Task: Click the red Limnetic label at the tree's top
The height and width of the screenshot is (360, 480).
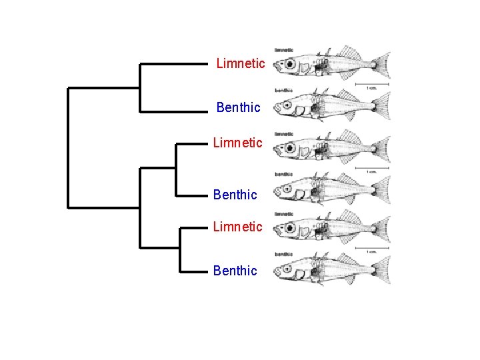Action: tap(241, 64)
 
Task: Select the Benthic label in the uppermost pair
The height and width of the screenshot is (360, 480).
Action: tap(238, 107)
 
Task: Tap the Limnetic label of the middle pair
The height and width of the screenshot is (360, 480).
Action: tap(237, 143)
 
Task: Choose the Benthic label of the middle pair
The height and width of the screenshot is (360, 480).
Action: tap(235, 195)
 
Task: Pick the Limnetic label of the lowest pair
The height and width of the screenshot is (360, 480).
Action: tap(237, 227)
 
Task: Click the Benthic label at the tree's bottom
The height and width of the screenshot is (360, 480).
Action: tap(235, 271)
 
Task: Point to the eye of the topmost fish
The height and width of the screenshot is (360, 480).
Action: tap(290, 65)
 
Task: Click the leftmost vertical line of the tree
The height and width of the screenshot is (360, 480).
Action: tap(68, 147)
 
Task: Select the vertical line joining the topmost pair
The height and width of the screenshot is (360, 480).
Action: tap(139, 87)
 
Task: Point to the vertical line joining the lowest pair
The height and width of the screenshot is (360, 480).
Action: tap(180, 249)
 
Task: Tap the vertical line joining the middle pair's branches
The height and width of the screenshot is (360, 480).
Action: tap(175, 169)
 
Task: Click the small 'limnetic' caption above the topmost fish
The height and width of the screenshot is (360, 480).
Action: tap(284, 51)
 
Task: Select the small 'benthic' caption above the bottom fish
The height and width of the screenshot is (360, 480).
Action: tap(284, 254)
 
